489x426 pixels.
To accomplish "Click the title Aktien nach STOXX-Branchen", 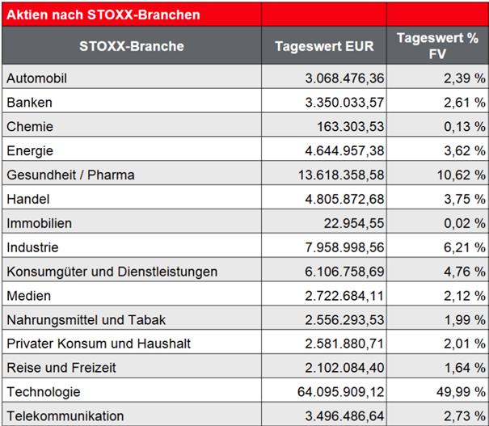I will [103, 15].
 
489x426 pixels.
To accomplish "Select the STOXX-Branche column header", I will [132, 46].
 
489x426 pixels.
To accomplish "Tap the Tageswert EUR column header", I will [324, 46].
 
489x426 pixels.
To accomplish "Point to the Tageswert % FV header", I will [437, 46].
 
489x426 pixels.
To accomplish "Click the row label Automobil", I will [36, 78].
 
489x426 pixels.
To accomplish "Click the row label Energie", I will [30, 150].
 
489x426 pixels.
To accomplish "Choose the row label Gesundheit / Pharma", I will [70, 175].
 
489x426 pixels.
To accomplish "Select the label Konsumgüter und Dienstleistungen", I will [112, 271].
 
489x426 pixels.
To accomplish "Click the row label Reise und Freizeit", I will [61, 367].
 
